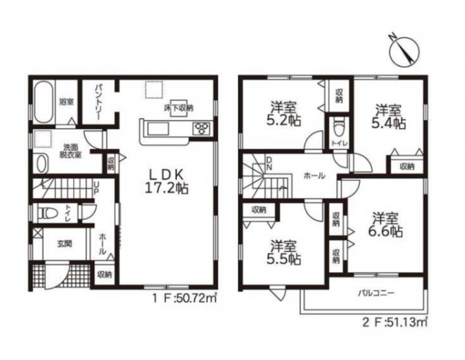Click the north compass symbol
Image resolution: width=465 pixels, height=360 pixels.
point(404,49)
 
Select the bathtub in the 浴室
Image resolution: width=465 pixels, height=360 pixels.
point(44,103)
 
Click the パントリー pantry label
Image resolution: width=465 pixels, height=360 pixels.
point(99,101)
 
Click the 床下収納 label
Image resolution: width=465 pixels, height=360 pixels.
point(179,108)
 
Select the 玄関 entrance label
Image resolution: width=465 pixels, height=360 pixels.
point(64,244)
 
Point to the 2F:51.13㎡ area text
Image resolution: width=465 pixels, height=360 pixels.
point(395,322)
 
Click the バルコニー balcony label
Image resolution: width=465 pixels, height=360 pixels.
point(376,293)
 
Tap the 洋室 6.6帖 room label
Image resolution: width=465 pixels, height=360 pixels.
point(385,225)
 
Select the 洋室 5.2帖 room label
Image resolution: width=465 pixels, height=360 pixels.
point(283,114)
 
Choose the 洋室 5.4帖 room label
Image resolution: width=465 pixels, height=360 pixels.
point(389,117)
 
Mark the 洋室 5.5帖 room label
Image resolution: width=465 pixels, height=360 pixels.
point(284,252)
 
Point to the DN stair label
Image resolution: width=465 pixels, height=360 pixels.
point(269,164)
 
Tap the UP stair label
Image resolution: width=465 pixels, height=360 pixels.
point(97,189)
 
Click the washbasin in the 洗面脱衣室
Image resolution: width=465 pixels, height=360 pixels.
point(42,163)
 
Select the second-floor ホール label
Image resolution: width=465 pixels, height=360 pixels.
point(314,176)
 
